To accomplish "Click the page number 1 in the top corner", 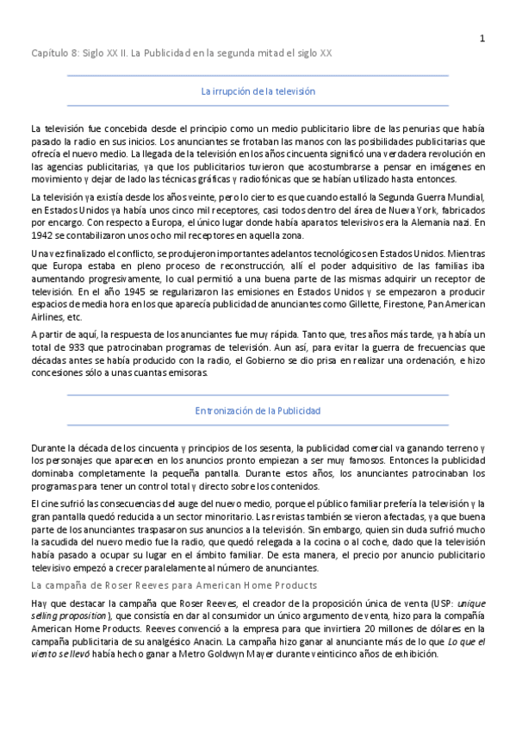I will tap(482, 37).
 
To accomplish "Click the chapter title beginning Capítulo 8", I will tap(182, 53).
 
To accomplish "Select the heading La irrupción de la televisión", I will tap(258, 91).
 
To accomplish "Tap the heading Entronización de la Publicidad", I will tap(258, 411).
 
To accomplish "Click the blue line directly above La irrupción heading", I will tap(258, 75).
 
